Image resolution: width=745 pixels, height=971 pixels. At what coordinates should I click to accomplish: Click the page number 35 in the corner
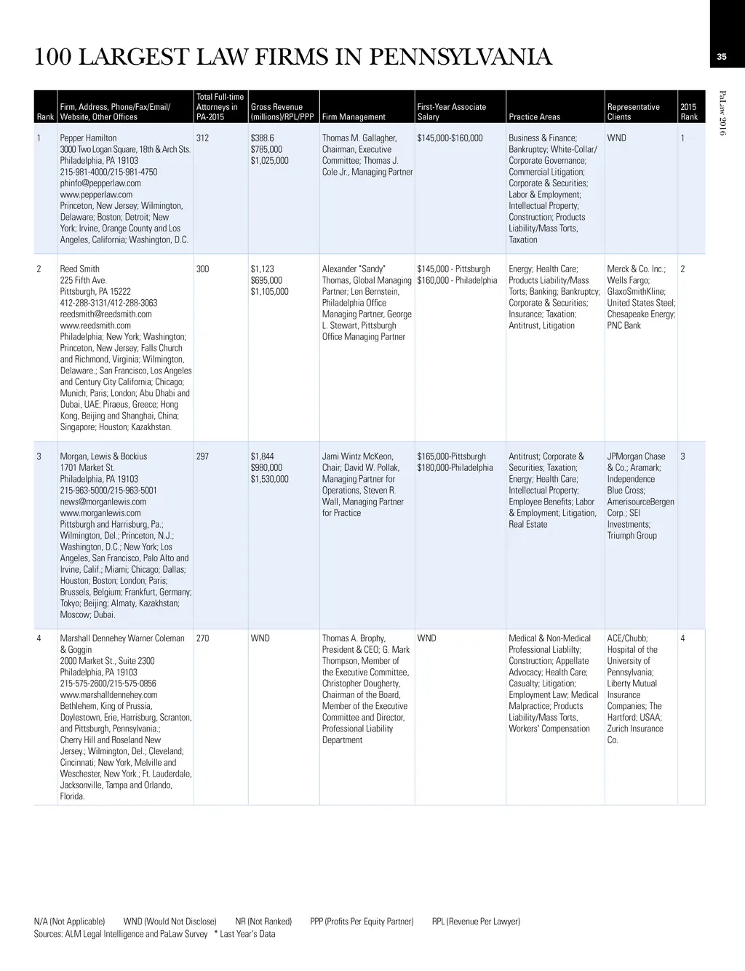tap(722, 57)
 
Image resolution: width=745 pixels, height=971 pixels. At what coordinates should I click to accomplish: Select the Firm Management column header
tap(354, 116)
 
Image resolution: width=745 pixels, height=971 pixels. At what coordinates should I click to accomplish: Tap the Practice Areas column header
tap(534, 116)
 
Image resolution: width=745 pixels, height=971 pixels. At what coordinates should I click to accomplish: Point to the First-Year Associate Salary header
tap(451, 111)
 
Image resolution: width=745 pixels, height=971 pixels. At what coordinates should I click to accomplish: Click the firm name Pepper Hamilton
tap(88, 138)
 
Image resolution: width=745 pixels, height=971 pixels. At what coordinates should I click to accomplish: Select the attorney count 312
tap(203, 138)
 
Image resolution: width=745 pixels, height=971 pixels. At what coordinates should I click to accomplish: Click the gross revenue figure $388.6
tap(262, 138)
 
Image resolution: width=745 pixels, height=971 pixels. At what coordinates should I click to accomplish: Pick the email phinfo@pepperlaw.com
tap(100, 183)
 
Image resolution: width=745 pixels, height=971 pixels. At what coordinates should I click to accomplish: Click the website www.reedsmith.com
tap(95, 325)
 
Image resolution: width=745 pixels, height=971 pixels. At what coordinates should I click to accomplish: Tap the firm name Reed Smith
tap(79, 269)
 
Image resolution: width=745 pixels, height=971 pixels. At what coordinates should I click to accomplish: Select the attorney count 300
tap(203, 269)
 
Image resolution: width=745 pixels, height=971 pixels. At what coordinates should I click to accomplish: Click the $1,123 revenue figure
tap(263, 269)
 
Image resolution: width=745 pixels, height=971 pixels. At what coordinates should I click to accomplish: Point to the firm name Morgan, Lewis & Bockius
tap(103, 456)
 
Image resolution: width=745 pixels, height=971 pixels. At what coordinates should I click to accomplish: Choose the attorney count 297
tap(203, 456)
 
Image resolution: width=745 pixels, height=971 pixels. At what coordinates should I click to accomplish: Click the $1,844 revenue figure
tap(263, 456)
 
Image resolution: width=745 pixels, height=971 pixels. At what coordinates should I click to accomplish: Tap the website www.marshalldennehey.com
tap(108, 694)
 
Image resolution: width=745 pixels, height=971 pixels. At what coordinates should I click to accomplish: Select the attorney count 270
tap(203, 638)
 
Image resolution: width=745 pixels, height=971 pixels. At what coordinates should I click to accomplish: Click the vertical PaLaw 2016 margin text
tap(722, 112)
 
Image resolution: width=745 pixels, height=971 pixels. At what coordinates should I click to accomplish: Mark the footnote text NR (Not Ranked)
tap(263, 922)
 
